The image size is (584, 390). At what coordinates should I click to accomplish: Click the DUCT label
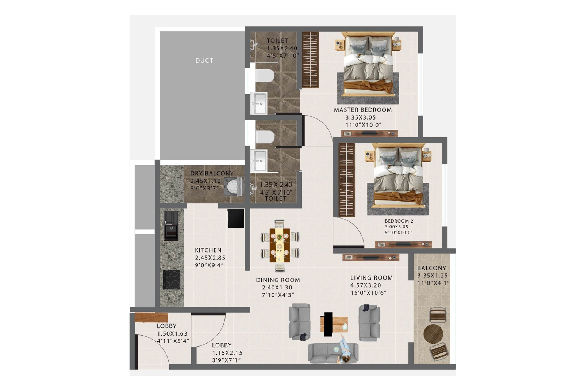(204, 61)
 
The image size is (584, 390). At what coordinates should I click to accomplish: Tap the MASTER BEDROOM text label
(363, 110)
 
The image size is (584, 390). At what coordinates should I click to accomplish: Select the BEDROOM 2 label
(399, 221)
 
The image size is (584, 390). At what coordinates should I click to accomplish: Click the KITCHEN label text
(208, 250)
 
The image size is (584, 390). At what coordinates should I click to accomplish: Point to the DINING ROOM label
(278, 280)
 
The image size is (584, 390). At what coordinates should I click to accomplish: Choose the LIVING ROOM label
(372, 278)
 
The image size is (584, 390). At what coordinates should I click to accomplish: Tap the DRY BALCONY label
(212, 173)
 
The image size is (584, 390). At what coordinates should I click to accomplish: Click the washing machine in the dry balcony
(233, 186)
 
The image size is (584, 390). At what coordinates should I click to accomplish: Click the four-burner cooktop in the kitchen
(171, 279)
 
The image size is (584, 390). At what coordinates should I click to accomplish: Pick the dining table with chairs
(280, 246)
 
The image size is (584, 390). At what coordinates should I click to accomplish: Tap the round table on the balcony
(433, 333)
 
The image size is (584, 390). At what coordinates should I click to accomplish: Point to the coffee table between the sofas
(334, 324)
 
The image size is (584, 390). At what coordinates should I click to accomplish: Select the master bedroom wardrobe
(311, 60)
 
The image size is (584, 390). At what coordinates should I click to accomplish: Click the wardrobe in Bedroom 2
(346, 179)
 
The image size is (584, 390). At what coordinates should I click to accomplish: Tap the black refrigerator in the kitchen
(236, 219)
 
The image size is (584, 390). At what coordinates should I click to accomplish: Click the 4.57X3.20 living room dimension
(366, 285)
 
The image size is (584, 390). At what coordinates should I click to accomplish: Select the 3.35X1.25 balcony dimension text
(433, 276)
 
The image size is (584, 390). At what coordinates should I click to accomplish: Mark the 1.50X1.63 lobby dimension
(172, 334)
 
